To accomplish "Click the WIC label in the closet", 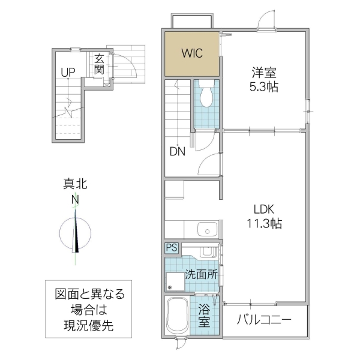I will pyautogui.click(x=193, y=52).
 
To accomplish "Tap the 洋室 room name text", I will pyautogui.click(x=263, y=73).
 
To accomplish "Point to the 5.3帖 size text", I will pyautogui.click(x=264, y=86).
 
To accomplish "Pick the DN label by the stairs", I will pyautogui.click(x=177, y=152).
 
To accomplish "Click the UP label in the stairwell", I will pyautogui.click(x=67, y=73).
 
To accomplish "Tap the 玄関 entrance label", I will pyautogui.click(x=100, y=64).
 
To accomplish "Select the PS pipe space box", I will pyautogui.click(x=172, y=247).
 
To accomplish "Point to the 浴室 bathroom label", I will pyautogui.click(x=205, y=316).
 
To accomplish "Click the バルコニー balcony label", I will pyautogui.click(x=263, y=319).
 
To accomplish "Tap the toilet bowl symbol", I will pyautogui.click(x=206, y=97).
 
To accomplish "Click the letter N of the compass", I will pyautogui.click(x=75, y=199).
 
